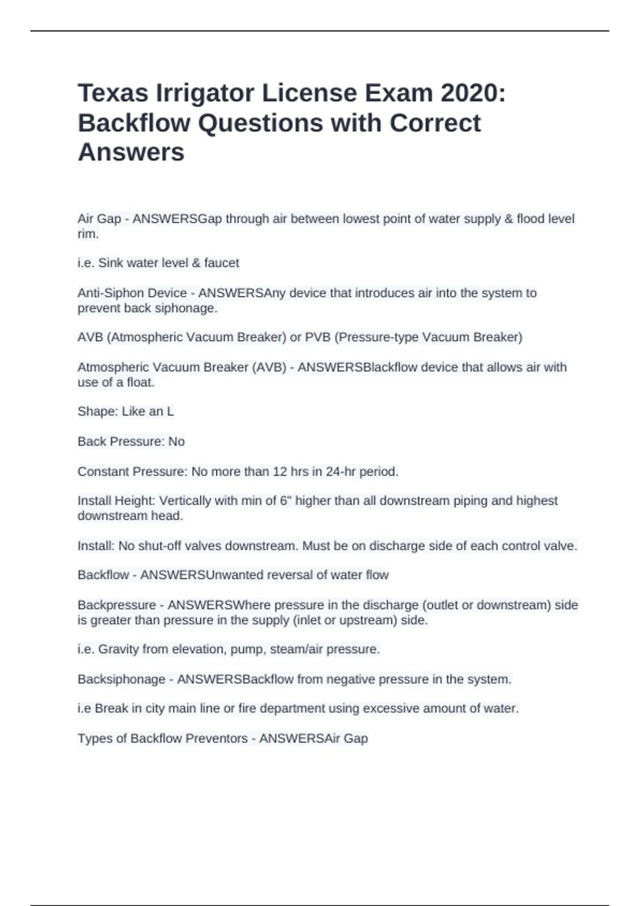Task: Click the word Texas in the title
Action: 113,93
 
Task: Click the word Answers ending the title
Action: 131,152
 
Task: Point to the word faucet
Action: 221,263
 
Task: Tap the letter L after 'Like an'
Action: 170,411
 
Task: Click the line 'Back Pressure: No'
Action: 131,441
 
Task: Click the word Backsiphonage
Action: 122,679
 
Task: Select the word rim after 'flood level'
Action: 87,234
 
